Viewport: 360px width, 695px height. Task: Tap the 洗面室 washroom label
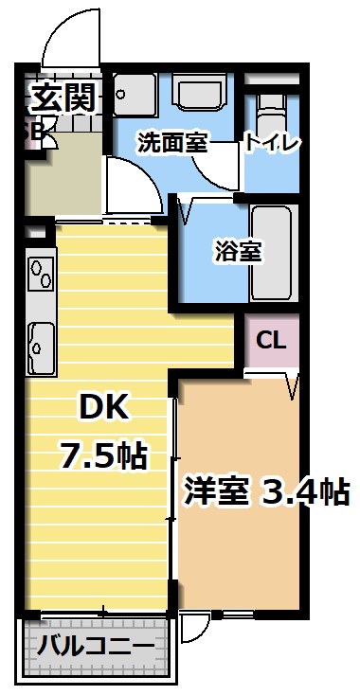pos(171,143)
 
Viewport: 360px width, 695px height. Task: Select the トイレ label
pos(272,143)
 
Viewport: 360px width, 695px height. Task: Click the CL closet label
pos(272,339)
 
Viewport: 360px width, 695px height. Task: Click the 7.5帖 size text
pos(103,456)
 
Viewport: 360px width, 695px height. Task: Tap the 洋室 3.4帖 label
pos(264,491)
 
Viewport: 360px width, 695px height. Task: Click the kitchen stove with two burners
pos(41,274)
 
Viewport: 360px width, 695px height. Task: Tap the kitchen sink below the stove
pos(40,345)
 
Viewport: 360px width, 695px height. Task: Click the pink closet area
pos(272,341)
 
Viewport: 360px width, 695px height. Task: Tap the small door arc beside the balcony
pos(194,630)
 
